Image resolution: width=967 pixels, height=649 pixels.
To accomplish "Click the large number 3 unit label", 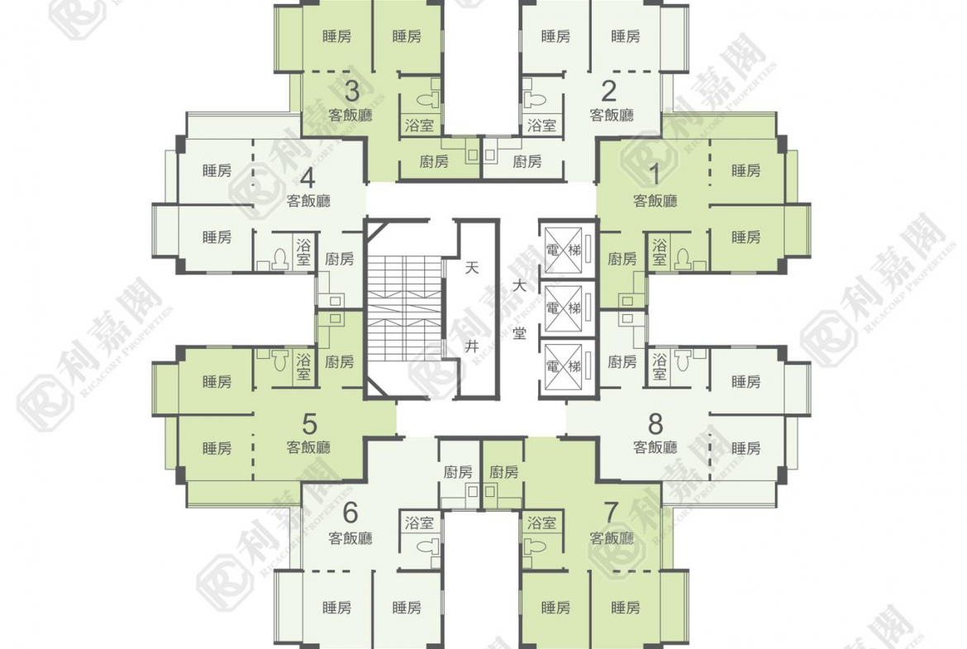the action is [x=351, y=91].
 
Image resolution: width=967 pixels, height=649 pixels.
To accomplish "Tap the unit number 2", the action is [x=608, y=91].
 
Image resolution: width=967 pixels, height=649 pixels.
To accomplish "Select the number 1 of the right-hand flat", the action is [x=655, y=174].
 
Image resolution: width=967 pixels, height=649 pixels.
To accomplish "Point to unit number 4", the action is [x=307, y=178].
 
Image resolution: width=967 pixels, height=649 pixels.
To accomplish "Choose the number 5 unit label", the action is [x=310, y=424].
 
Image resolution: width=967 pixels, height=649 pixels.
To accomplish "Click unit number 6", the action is [x=350, y=512].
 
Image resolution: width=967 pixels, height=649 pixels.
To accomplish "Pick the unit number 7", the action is [x=611, y=512].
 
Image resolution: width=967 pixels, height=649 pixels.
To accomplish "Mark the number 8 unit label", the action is [x=655, y=424].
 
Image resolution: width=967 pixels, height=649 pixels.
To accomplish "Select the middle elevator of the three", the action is [x=564, y=308].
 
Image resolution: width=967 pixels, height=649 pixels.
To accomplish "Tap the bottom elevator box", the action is [x=564, y=365].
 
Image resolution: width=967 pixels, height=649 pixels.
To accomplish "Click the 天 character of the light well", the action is [x=472, y=269].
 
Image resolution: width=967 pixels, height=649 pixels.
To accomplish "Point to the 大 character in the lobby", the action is [x=520, y=287].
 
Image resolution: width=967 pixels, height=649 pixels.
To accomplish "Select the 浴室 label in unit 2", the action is [x=542, y=126].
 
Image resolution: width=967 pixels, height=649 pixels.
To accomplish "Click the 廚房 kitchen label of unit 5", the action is [x=339, y=362].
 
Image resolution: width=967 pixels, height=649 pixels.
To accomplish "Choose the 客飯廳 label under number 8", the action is [x=655, y=447].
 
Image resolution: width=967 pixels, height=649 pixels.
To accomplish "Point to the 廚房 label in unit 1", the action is [x=622, y=259].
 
